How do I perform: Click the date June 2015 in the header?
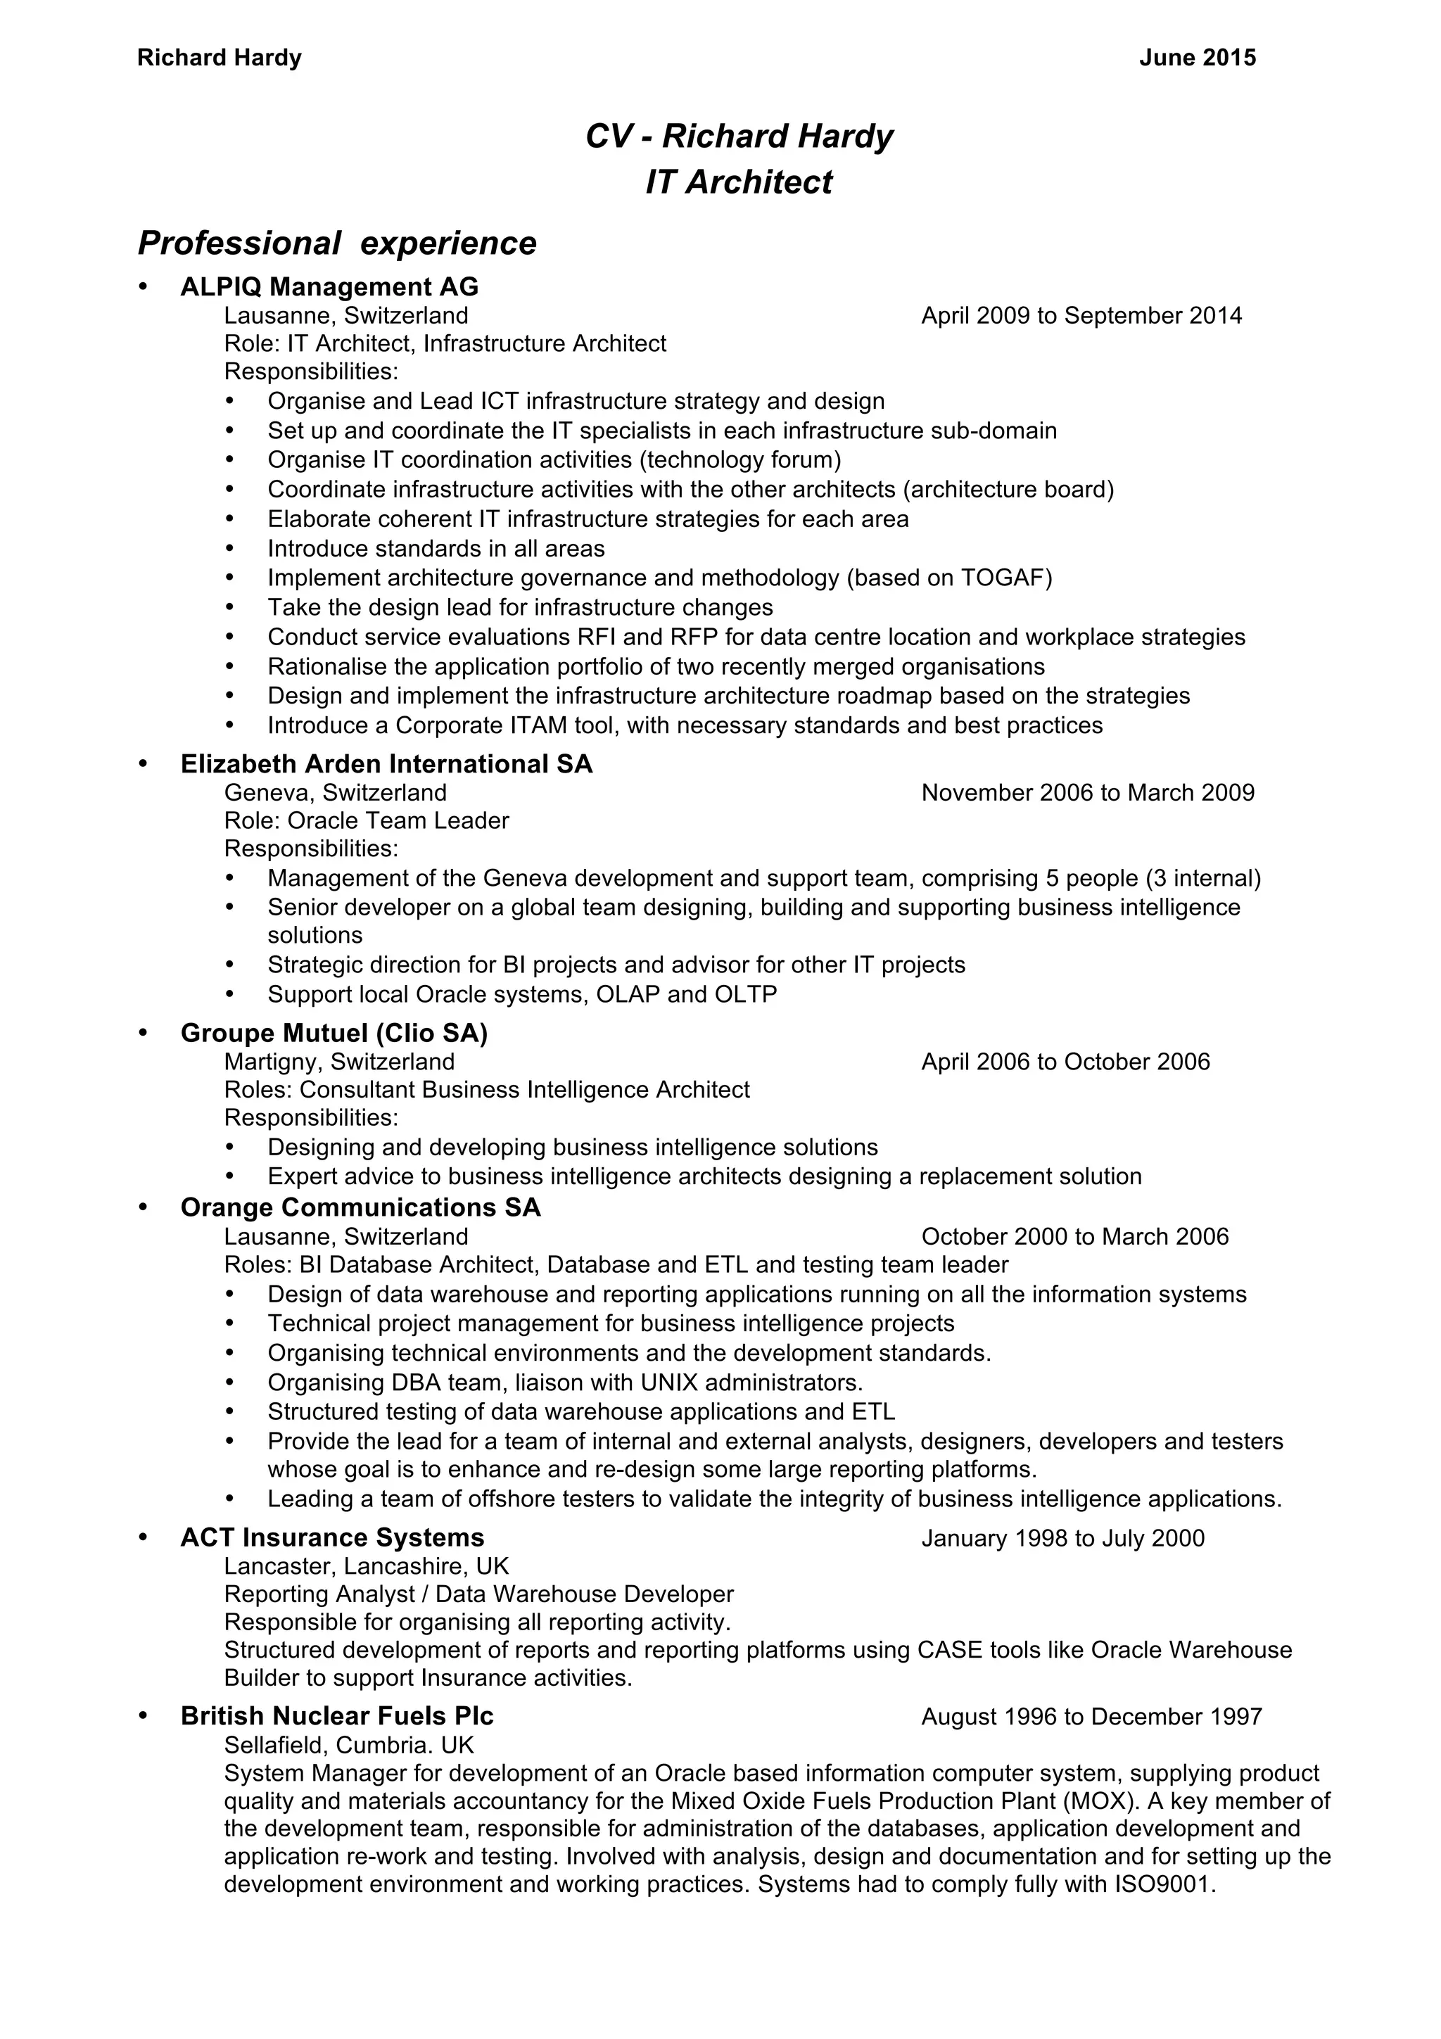[x=1197, y=58]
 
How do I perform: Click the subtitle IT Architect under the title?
[x=739, y=182]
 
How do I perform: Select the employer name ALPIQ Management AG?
[x=329, y=287]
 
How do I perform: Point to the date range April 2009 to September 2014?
[x=1081, y=315]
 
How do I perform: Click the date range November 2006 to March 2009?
[x=1088, y=792]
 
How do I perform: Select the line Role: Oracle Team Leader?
[x=366, y=820]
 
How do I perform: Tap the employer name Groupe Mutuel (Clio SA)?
[x=334, y=1033]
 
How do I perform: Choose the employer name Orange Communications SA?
[x=360, y=1208]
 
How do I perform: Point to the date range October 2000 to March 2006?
[x=1074, y=1236]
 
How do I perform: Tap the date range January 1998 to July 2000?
[x=1062, y=1538]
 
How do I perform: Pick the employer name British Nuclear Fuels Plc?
[x=336, y=1716]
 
